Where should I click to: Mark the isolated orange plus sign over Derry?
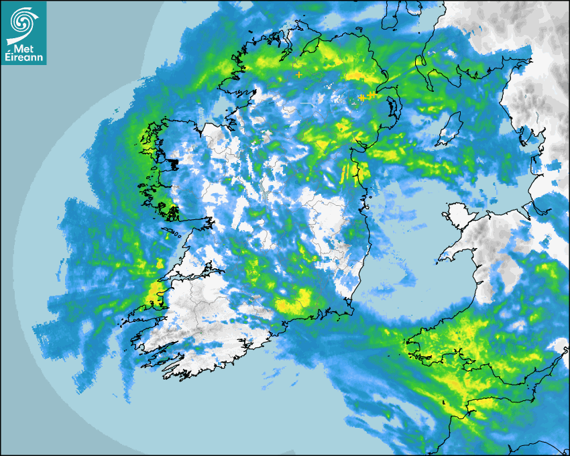[299, 74]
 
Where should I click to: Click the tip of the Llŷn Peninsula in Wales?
[443, 258]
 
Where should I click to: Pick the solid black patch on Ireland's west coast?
[174, 162]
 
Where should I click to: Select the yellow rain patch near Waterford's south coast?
[295, 302]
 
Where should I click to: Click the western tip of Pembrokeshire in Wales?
[409, 349]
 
